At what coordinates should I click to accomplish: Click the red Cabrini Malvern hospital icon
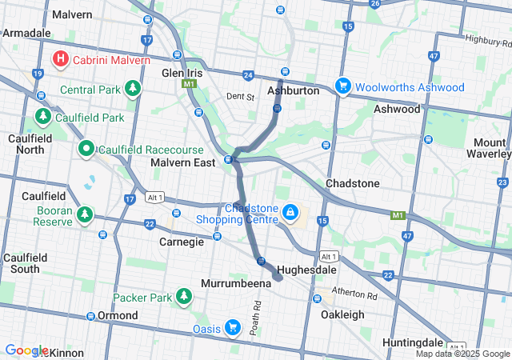[x=60, y=59]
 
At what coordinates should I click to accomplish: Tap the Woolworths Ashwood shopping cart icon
[x=342, y=86]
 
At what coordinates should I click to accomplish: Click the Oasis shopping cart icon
[x=232, y=328]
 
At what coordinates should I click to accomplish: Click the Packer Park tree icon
[x=184, y=298]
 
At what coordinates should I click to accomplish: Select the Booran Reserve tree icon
[x=83, y=215]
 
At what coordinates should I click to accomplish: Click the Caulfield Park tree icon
[x=43, y=118]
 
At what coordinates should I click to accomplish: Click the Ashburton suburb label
[x=293, y=91]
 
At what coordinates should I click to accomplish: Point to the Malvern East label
[x=183, y=162]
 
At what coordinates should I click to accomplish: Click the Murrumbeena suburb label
[x=233, y=284]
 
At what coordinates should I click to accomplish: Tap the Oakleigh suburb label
[x=342, y=315]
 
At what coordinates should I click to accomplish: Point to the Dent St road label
[x=239, y=97]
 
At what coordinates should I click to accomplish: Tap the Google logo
[x=26, y=350]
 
